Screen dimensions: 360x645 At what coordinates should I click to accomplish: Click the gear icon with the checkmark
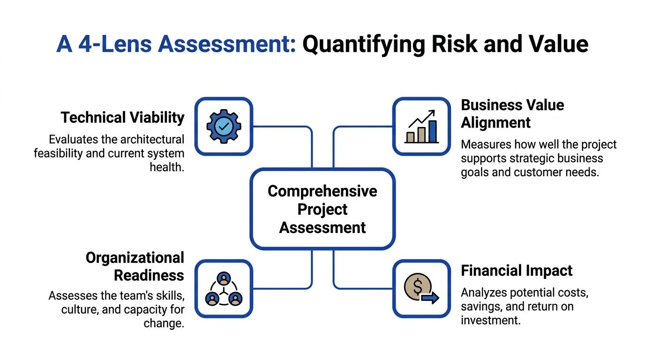pyautogui.click(x=224, y=126)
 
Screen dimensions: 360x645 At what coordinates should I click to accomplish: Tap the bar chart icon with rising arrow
pyautogui.click(x=421, y=127)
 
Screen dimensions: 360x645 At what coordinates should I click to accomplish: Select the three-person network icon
pyautogui.click(x=224, y=289)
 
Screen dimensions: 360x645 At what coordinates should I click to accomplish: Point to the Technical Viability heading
pyautogui.click(x=122, y=117)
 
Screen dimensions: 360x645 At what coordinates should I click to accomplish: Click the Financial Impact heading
pyautogui.click(x=517, y=270)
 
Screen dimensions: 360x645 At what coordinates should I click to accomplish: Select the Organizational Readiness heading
pyautogui.click(x=135, y=266)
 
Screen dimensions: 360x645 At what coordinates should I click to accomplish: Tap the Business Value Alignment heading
pyautogui.click(x=512, y=113)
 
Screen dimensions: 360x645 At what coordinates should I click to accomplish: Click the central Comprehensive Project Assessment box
pyautogui.click(x=322, y=209)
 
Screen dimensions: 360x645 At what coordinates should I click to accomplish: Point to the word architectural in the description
pyautogui.click(x=152, y=139)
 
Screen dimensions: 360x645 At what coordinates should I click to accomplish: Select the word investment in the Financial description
pyautogui.click(x=491, y=320)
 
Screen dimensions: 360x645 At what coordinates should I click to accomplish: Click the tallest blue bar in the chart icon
pyautogui.click(x=433, y=131)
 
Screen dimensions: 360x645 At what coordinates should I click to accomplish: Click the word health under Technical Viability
pyautogui.click(x=166, y=167)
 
